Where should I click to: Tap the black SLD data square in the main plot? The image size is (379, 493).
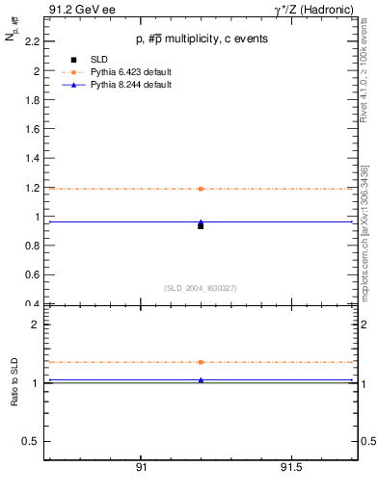pyautogui.click(x=201, y=225)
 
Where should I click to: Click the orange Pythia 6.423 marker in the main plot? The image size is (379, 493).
pyautogui.click(x=201, y=189)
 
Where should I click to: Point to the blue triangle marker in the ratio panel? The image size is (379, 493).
pyautogui.click(x=201, y=380)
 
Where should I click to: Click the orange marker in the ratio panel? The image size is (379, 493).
pyautogui.click(x=201, y=362)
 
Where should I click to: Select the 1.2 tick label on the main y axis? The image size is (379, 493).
pyautogui.click(x=32, y=188)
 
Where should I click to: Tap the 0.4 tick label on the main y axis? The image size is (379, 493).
pyautogui.click(x=32, y=304)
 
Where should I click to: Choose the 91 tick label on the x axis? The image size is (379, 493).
pyautogui.click(x=141, y=468)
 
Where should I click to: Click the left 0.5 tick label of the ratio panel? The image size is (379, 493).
pyautogui.click(x=32, y=441)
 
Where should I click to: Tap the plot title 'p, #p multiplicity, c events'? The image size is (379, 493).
pyautogui.click(x=201, y=39)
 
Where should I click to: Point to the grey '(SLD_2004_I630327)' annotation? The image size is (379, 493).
pyautogui.click(x=201, y=288)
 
